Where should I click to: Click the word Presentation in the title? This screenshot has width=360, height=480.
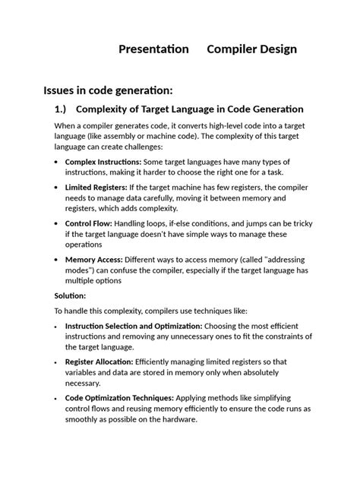click(153, 49)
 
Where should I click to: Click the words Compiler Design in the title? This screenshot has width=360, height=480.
click(252, 49)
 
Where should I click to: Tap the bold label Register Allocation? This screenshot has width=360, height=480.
click(99, 362)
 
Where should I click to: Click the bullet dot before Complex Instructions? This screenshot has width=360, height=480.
click(58, 163)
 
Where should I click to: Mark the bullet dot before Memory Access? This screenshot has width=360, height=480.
click(58, 260)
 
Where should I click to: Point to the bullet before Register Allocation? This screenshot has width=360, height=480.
click(58, 362)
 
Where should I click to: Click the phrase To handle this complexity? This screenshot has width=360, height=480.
click(97, 311)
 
